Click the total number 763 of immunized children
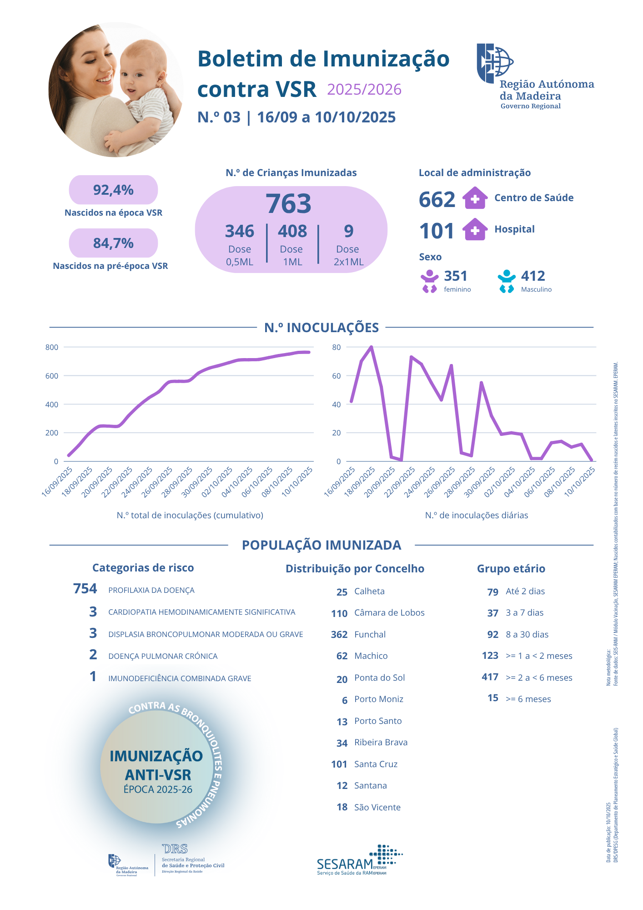coord(289,203)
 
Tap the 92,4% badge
coord(113,190)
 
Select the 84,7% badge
coord(113,243)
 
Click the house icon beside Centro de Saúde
coord(475,198)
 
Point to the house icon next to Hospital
coord(475,229)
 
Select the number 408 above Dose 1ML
coord(292,231)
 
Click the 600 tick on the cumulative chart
coord(52,376)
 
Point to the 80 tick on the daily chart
coord(337,347)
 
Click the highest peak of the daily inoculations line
coord(371,347)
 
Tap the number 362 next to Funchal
coord(339,635)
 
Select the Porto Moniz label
coord(379,699)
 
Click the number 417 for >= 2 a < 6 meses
coord(490,677)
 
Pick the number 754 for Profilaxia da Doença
coord(85,589)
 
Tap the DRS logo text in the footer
coord(175,849)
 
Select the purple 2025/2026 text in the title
coord(364,90)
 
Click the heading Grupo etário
coord(511,569)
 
